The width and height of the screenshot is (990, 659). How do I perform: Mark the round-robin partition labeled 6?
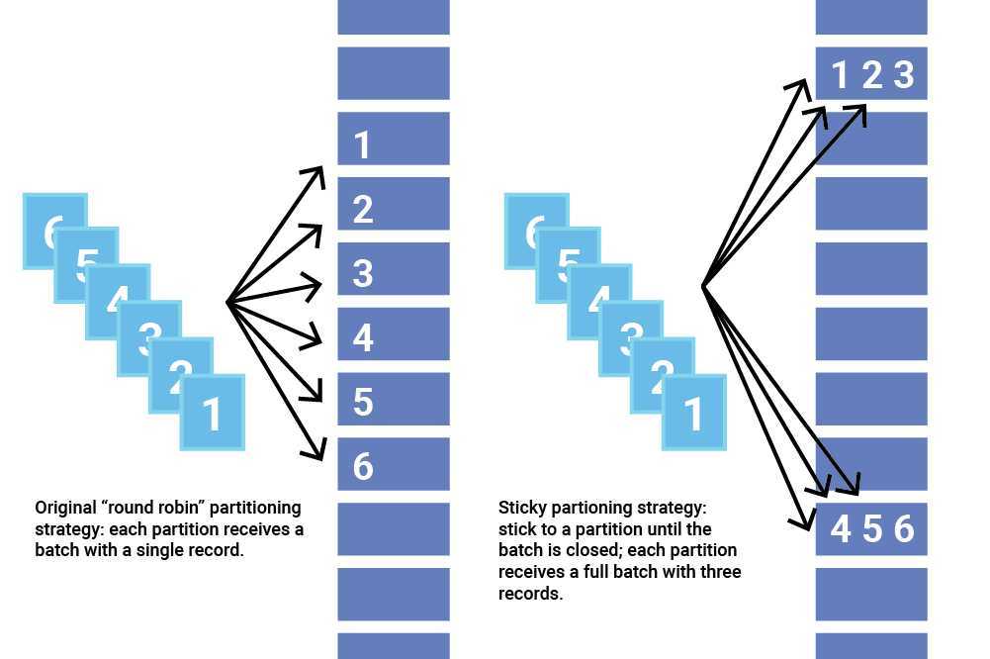coord(394,464)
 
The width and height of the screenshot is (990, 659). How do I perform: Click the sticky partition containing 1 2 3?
coord(871,73)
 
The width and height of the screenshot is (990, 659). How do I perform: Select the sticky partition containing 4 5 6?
coord(871,529)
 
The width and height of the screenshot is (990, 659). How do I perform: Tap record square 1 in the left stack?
coord(213,413)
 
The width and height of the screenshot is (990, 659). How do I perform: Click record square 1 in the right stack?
coord(694,413)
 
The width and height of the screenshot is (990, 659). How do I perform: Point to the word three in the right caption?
coord(721,572)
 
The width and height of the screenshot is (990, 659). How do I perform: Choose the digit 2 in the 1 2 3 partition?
coord(871,74)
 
